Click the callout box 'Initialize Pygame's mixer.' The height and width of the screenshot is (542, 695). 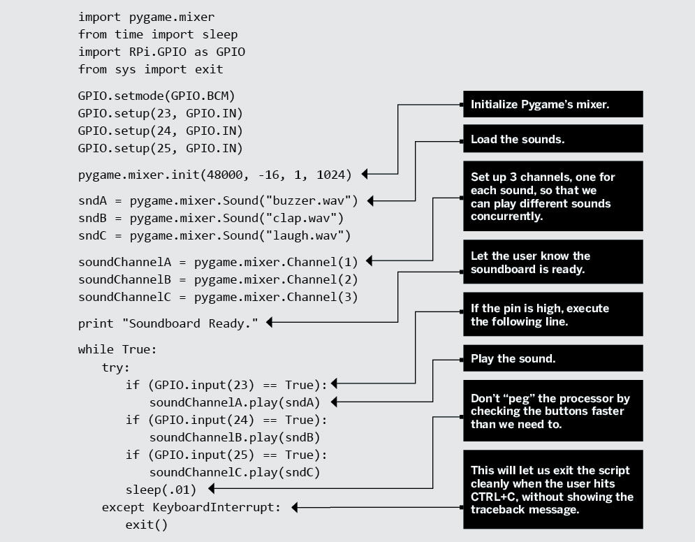[552, 105]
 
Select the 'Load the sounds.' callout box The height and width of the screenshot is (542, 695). [552, 139]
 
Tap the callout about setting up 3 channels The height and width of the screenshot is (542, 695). [552, 196]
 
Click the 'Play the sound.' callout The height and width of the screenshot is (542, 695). [552, 359]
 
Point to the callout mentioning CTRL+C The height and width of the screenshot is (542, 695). [552, 490]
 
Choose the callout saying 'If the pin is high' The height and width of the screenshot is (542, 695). [552, 314]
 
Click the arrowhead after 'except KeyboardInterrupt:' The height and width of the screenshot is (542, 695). [295, 508]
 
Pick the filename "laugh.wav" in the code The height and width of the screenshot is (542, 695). [302, 235]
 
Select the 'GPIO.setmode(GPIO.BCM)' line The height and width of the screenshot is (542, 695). [150, 95]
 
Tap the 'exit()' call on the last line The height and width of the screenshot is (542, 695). [147, 525]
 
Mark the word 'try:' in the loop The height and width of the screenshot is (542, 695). [116, 366]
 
